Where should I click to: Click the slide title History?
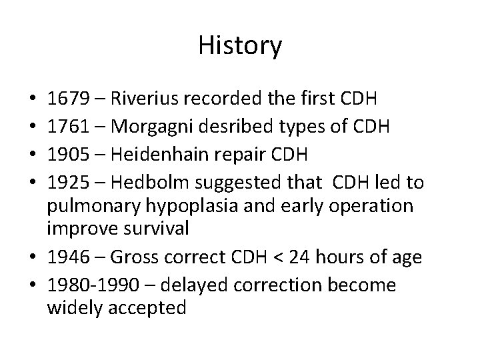click(240, 46)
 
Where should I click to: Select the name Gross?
click(131, 257)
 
